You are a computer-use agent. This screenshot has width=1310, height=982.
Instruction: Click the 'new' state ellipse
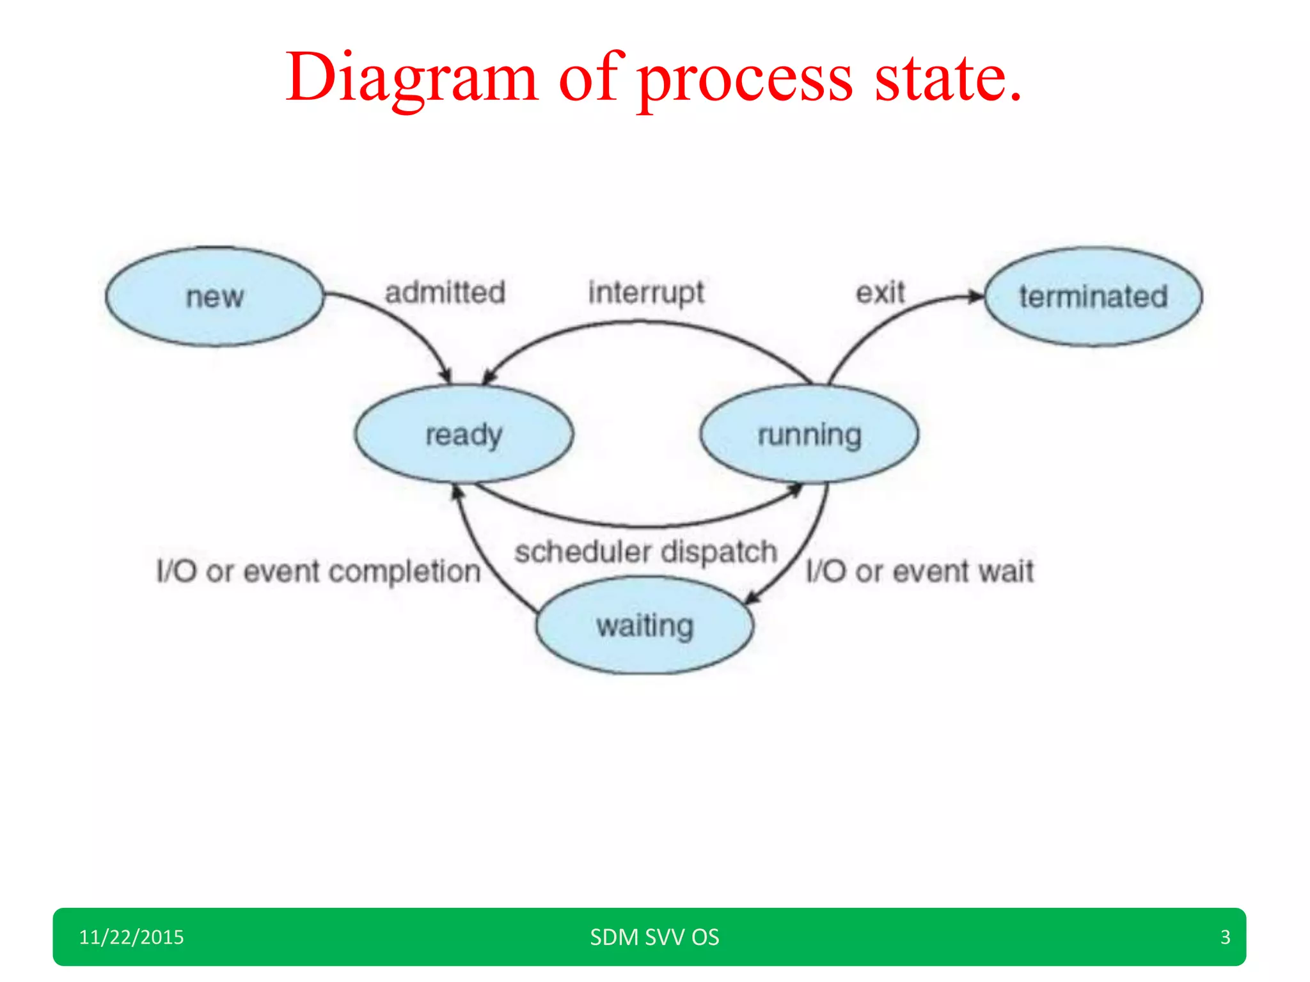[214, 297]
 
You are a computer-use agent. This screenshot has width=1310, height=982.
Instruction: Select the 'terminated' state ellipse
[1093, 297]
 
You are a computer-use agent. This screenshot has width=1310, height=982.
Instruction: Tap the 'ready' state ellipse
[464, 434]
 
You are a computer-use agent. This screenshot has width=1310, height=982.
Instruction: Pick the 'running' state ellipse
[809, 434]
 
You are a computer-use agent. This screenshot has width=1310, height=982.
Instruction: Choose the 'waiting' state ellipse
[645, 625]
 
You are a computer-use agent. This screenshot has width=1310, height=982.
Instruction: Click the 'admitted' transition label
[445, 292]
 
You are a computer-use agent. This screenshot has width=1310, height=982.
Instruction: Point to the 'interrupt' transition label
[646, 293]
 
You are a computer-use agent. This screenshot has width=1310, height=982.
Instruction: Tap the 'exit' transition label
[880, 293]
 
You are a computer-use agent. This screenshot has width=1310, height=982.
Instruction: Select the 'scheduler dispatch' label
[646, 552]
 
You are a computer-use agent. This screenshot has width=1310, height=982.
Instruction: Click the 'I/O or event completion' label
[319, 571]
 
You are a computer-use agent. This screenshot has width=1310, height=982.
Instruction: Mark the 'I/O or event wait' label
[919, 571]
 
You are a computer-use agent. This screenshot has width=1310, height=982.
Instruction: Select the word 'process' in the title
[745, 78]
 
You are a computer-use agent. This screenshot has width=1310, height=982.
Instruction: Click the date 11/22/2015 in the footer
[131, 937]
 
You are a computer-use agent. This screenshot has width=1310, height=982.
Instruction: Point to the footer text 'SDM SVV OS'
[654, 937]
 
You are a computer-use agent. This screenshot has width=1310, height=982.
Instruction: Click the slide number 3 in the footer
[1225, 937]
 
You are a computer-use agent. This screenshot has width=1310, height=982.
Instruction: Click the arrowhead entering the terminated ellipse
[976, 296]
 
